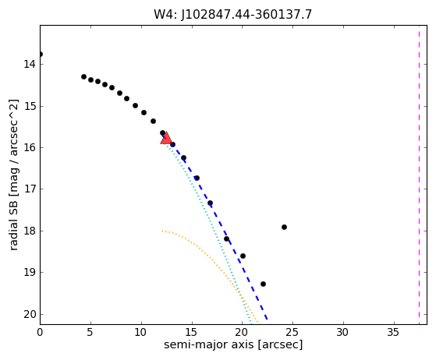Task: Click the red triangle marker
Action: tap(166, 139)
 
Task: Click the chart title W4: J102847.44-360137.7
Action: tap(232, 15)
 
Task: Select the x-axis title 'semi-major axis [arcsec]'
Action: tap(233, 344)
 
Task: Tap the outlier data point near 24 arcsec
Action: tap(284, 228)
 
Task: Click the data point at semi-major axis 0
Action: tap(41, 55)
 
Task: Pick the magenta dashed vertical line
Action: tap(420, 175)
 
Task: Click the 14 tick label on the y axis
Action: tap(30, 64)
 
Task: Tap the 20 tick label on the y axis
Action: tap(30, 314)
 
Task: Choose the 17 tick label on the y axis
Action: tap(30, 189)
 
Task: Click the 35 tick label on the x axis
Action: tap(393, 332)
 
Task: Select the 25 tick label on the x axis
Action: tap(292, 332)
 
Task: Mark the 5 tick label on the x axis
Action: tap(90, 332)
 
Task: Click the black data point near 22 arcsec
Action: tap(263, 284)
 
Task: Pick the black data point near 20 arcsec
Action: tap(243, 256)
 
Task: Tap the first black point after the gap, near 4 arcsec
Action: tap(83, 76)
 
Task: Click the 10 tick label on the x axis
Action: tap(140, 332)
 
